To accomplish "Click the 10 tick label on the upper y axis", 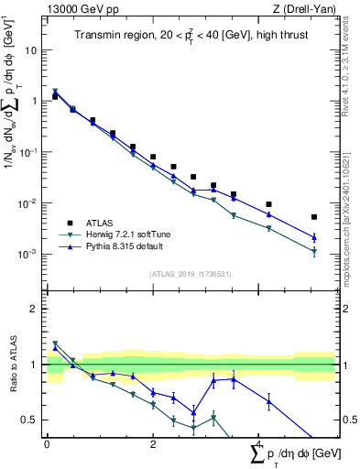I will click(x=30, y=51).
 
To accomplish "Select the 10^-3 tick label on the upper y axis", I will click(x=28, y=254).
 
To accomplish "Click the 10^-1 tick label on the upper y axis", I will click(x=28, y=152).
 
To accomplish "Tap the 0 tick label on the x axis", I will click(x=47, y=445).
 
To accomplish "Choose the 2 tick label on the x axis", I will click(x=153, y=445).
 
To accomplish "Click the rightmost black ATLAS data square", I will click(x=314, y=217).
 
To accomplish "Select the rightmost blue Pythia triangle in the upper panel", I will click(x=314, y=236).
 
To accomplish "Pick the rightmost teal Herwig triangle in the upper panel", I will click(x=314, y=251).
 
